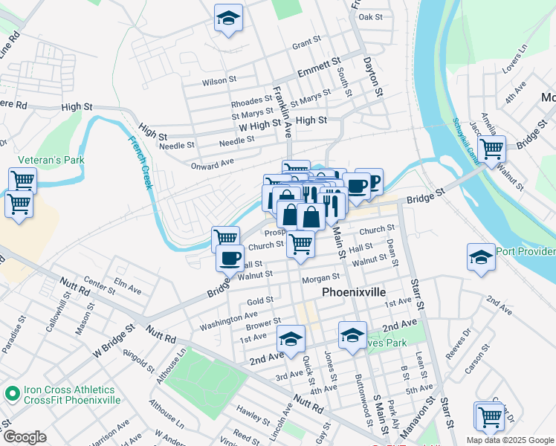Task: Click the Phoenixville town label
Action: point(354,292)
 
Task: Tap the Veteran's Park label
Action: point(53,160)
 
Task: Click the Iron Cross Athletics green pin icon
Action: point(11,394)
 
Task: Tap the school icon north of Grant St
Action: point(228,19)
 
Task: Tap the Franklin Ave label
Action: point(282,112)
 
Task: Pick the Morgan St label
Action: point(321,279)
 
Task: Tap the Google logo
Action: point(25,436)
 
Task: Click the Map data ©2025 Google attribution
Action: point(509,440)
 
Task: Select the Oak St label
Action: point(370,16)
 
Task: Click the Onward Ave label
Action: point(213,162)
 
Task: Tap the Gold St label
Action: point(260,300)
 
